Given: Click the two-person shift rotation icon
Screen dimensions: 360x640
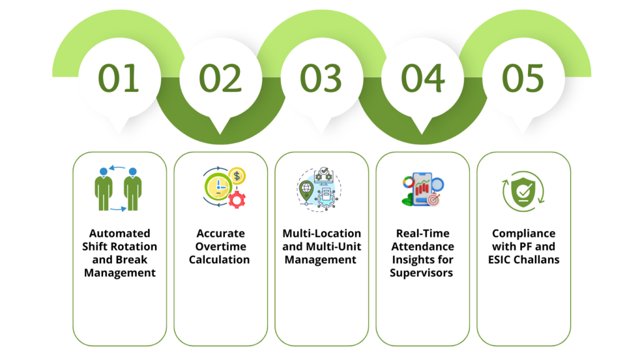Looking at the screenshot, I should [119, 188].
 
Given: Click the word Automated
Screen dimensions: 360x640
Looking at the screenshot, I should [119, 233].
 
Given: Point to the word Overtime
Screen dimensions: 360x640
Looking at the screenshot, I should [219, 246].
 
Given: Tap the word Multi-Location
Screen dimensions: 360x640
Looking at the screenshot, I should [321, 233].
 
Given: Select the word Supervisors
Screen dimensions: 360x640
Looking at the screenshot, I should [422, 272].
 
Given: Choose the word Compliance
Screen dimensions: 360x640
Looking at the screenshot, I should [524, 233].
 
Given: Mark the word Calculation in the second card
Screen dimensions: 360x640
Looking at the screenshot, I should [219, 259].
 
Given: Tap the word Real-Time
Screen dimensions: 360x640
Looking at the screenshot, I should [422, 233].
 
